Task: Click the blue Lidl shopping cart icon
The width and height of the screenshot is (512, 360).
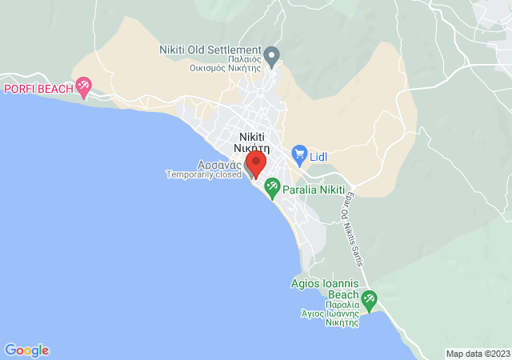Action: coord(299,153)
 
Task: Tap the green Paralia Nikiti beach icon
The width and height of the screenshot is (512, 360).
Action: coord(272,189)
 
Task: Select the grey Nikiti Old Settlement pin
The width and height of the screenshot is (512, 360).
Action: coord(272,57)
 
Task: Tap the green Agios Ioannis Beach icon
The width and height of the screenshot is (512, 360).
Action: coord(369,301)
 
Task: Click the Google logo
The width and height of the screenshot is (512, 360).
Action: coord(26,350)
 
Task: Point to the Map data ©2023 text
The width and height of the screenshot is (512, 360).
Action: coord(477,354)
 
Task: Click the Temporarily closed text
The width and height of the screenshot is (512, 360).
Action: coord(203,174)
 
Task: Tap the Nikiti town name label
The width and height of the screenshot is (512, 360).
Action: coord(253,137)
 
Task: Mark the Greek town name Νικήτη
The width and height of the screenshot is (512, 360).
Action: coord(252,148)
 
